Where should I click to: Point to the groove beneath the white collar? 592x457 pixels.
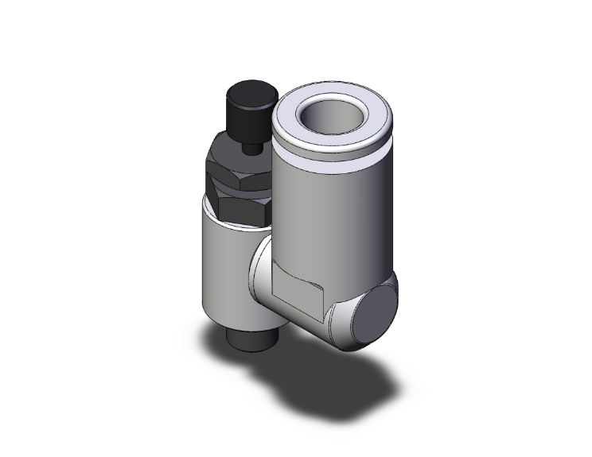[x=334, y=159]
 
